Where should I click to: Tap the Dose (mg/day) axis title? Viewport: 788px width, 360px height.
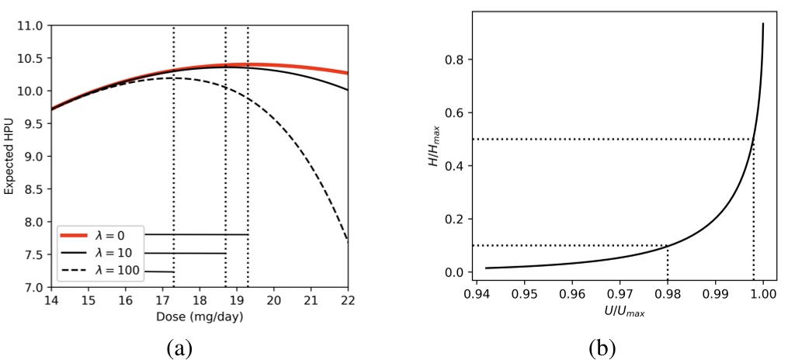(x=200, y=318)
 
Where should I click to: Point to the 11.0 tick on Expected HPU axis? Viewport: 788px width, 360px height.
(x=31, y=26)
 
